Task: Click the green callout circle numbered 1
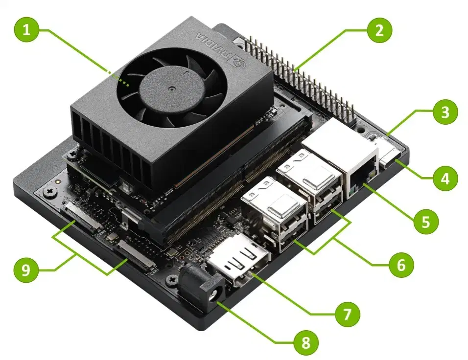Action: [26, 29]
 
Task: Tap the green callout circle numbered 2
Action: [379, 30]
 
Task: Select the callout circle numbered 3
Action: [445, 112]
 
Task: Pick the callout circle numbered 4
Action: [445, 179]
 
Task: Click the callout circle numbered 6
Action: [401, 265]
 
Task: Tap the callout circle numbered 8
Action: [305, 342]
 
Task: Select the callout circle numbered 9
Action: [26, 270]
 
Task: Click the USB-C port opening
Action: [391, 158]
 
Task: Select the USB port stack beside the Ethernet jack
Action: [310, 185]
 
